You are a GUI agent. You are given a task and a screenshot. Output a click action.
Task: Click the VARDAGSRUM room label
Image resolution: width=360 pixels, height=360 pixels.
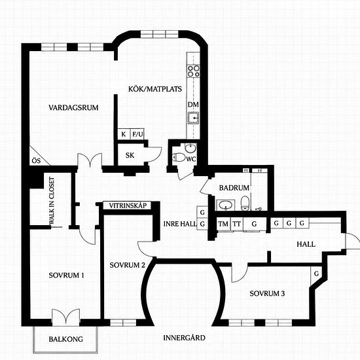pyautogui.click(x=73, y=107)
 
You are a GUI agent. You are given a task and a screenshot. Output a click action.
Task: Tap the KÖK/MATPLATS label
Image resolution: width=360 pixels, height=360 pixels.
pyautogui.click(x=155, y=89)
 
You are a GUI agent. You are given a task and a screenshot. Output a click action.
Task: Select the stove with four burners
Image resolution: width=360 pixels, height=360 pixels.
pyautogui.click(x=193, y=71)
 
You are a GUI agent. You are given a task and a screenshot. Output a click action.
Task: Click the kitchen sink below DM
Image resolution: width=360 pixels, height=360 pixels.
pyautogui.click(x=193, y=118)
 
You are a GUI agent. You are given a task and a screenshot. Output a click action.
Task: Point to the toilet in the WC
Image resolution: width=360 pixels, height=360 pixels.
pyautogui.click(x=179, y=158)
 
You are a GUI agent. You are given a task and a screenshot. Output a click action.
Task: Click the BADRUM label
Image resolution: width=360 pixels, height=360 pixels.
pyautogui.click(x=234, y=188)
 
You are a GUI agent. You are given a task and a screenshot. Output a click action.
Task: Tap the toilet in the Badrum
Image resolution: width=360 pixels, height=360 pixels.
pyautogui.click(x=245, y=203)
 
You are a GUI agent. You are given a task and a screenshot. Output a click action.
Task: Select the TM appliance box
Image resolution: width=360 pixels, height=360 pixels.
pyautogui.click(x=223, y=224)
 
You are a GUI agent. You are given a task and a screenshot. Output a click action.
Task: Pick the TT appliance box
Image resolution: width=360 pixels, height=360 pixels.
pyautogui.click(x=236, y=224)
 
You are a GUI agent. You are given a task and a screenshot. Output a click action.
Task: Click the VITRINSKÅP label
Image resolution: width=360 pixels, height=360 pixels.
pyautogui.click(x=128, y=206)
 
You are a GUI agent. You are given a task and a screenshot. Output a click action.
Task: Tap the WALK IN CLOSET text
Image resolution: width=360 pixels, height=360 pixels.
pyautogui.click(x=52, y=201)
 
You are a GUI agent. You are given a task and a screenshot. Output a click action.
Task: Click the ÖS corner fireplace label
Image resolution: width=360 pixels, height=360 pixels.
pyautogui.click(x=36, y=160)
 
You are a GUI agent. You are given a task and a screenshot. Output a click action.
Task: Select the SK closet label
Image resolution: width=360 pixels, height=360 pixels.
pyautogui.click(x=130, y=155)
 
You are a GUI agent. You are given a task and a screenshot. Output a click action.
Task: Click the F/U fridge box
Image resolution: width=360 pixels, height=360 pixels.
pyautogui.click(x=137, y=134)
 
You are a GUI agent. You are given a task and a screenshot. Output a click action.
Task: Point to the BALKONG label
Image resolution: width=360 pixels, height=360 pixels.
pyautogui.click(x=66, y=339)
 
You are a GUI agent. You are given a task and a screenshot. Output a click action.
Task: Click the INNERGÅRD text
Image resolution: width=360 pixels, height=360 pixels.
pyautogui.click(x=184, y=338)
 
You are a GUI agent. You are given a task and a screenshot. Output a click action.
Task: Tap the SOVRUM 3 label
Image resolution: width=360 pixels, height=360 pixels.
pyautogui.click(x=267, y=293)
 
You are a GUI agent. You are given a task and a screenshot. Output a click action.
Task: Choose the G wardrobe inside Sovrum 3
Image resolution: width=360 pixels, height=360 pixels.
pyautogui.click(x=316, y=274)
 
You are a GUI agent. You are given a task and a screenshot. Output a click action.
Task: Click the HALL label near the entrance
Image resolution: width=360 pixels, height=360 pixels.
pyautogui.click(x=306, y=244)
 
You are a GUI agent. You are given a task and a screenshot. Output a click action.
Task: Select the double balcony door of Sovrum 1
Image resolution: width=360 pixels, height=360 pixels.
pyautogui.click(x=66, y=316)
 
